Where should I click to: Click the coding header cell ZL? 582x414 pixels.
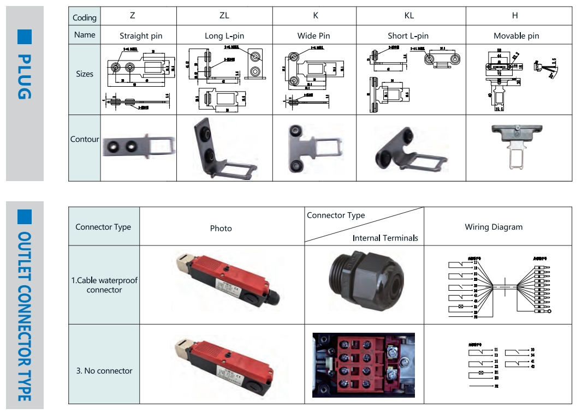224,15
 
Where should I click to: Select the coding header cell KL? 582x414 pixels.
408,15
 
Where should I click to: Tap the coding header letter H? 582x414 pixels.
516,15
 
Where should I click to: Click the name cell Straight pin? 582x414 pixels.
141,36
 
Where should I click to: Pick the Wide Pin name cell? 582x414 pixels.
313,35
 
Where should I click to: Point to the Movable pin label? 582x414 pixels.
516,36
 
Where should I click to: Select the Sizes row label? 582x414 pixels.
85,74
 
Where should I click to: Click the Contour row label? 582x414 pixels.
85,139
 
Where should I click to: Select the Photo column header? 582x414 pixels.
221,229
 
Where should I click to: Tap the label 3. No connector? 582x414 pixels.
104,371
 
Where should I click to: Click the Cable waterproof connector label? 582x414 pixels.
104,285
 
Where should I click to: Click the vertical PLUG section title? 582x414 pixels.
24,76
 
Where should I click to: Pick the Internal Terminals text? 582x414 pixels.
385,238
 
